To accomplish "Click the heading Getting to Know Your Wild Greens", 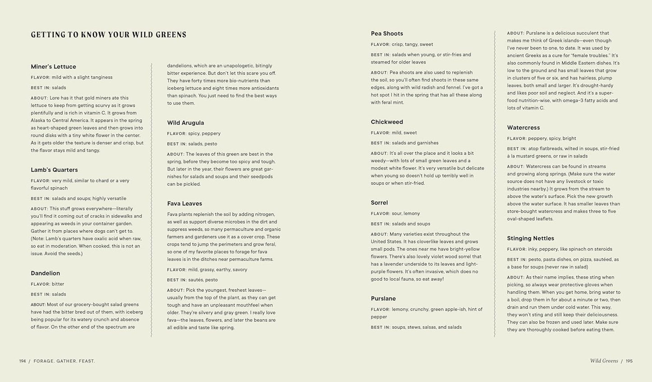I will tap(109, 35).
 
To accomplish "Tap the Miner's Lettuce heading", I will tap(53, 67).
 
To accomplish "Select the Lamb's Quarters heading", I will tap(54, 170).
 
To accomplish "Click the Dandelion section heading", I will tap(45, 273).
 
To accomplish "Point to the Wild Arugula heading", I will tap(185, 123).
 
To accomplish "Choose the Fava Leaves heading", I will tap(185, 204).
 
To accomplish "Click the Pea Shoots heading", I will tap(387, 34).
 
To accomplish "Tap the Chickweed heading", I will tap(387, 122).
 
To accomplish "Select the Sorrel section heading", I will tap(379, 203).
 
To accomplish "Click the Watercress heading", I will tap(523, 128).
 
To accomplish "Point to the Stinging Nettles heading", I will tap(530, 239).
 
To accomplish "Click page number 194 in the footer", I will tap(23, 361).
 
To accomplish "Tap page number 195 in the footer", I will tap(629, 361).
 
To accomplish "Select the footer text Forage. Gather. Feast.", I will tap(64, 361).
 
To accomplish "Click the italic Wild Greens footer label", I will tap(604, 361).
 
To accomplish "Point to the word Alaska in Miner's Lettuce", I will tap(39, 120).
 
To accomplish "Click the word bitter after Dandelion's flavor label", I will tap(58, 284).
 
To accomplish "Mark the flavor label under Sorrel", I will tap(380, 214).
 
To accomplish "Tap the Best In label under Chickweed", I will tap(380, 143).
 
